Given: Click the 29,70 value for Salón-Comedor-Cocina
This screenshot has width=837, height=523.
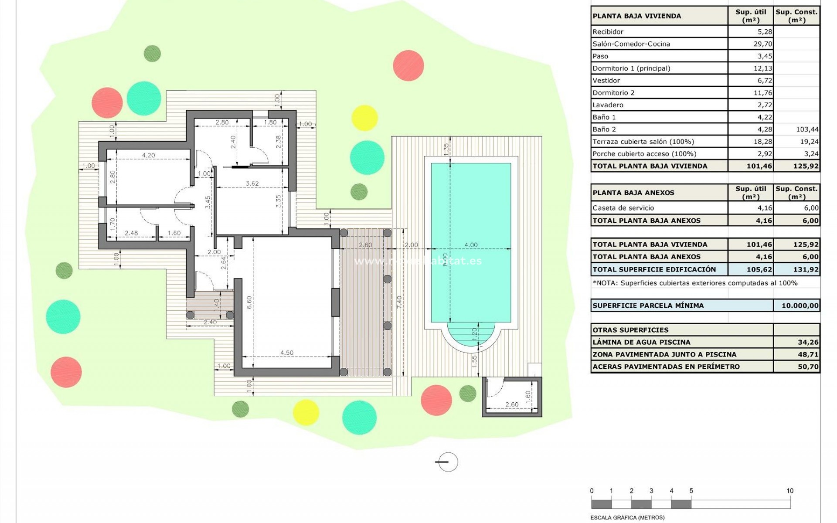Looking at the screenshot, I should [762, 44].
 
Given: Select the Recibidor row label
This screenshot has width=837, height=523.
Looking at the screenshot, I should [608, 32].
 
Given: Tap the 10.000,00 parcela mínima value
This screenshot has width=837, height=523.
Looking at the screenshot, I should [800, 306].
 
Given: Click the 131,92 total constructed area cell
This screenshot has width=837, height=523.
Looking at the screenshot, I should [806, 269].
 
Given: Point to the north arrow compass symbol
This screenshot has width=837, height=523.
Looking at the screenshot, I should [447, 462].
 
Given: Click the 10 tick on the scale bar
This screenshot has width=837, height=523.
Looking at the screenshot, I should [789, 491].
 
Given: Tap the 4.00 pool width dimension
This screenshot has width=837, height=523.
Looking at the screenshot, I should [471, 245].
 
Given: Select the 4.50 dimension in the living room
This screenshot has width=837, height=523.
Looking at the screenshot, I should [286, 353].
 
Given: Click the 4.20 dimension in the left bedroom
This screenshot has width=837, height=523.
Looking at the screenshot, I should [148, 155].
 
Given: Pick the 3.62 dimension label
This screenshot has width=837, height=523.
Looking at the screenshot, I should [252, 183].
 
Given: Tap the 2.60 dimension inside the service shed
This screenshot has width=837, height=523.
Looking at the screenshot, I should [512, 404].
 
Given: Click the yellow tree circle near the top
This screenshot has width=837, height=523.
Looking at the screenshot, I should [364, 118].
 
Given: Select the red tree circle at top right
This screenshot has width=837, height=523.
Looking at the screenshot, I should [408, 65].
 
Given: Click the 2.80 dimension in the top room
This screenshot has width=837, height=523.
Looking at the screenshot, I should [222, 122].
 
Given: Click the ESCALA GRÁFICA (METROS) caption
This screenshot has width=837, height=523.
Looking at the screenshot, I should [627, 518].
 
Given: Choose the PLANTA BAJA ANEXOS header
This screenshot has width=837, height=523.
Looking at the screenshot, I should [633, 193].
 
